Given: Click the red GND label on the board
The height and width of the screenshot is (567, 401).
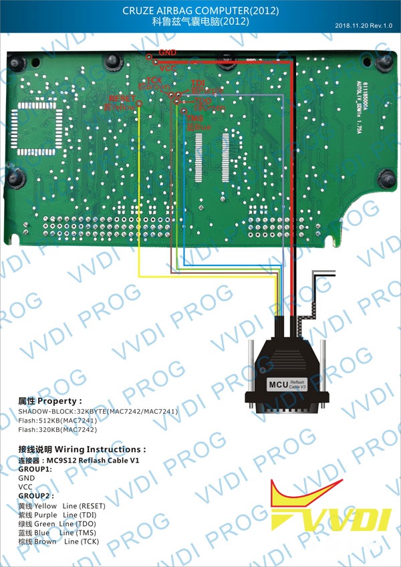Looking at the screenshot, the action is click(168, 51).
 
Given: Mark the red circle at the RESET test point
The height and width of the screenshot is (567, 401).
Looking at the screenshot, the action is click(138, 104).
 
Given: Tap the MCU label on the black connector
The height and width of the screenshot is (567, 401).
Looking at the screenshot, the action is click(277, 384).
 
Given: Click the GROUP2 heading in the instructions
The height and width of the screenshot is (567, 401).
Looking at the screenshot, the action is click(35, 497).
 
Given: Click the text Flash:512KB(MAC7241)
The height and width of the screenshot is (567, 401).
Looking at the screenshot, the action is click(57, 421).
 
